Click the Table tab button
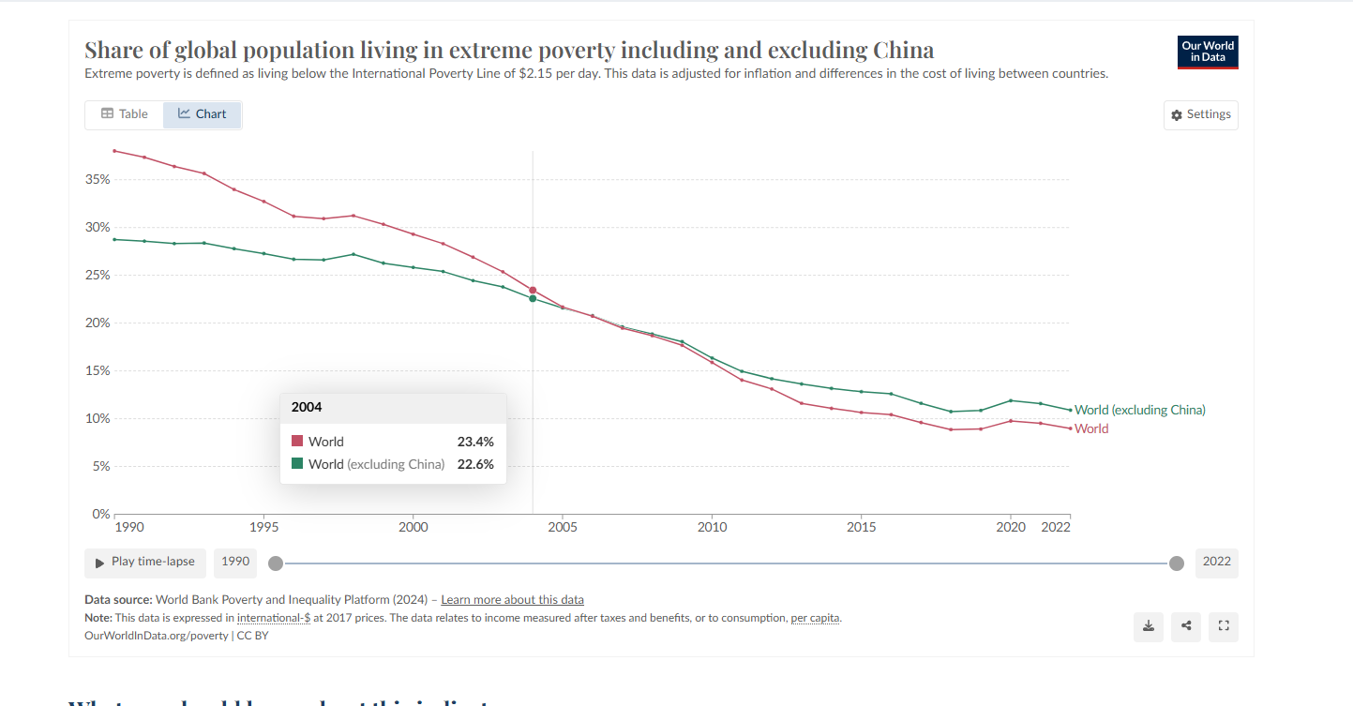point(125,114)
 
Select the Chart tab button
point(203,114)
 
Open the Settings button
point(1200,114)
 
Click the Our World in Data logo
point(1208,52)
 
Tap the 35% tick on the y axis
point(98,179)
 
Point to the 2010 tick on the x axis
point(712,527)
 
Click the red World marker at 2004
point(533,291)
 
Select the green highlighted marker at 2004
point(533,299)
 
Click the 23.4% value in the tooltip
point(474,442)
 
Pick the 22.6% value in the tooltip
point(474,464)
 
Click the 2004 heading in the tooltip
point(307,408)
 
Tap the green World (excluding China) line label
point(1139,410)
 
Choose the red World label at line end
point(1091,428)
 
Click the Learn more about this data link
point(512,600)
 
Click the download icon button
point(1149,626)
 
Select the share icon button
point(1186,626)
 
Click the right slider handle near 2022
point(1177,563)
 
